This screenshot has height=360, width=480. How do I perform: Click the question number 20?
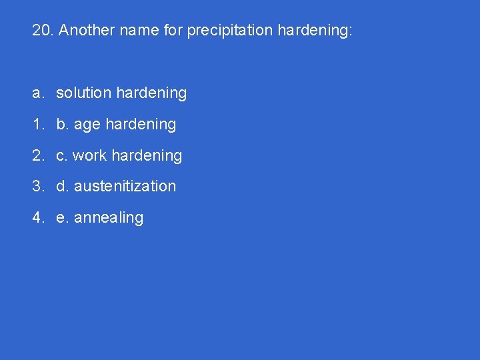point(43,31)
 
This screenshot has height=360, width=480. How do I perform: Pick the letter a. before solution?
point(37,93)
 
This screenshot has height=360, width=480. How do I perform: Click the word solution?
point(83,93)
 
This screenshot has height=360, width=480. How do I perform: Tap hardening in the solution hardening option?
point(151,93)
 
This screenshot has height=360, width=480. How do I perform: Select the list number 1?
point(37,125)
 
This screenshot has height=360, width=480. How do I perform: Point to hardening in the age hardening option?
point(141,125)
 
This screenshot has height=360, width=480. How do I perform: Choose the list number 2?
point(37,156)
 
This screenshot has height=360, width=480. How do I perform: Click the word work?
point(89,156)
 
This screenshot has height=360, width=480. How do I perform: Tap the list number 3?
point(37,187)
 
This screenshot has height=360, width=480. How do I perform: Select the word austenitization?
point(125,187)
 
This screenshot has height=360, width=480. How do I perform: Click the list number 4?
point(37,218)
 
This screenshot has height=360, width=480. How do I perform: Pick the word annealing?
point(109,218)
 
